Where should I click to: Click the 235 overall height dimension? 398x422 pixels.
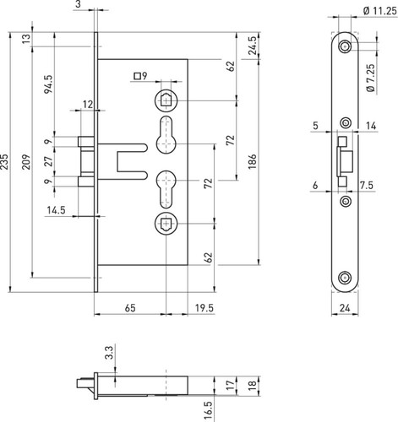pyautogui.click(x=4, y=161)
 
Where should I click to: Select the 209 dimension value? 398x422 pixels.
pyautogui.click(x=26, y=161)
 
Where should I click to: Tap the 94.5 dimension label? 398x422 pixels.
pyautogui.click(x=48, y=84)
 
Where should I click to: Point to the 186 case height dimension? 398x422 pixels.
pyautogui.click(x=252, y=161)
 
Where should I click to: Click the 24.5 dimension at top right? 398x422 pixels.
pyautogui.click(x=253, y=46)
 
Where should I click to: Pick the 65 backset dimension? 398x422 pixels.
pyautogui.click(x=130, y=308)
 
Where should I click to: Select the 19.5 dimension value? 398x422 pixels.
pyautogui.click(x=204, y=308)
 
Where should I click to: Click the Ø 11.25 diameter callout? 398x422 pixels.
pyautogui.click(x=380, y=11)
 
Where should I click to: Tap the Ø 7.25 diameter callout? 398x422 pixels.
pyautogui.click(x=371, y=78)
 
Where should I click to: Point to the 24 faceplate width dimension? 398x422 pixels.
pyautogui.click(x=345, y=308)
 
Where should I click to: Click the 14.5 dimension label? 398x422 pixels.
pyautogui.click(x=56, y=210)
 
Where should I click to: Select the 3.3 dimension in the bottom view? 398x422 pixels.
pyautogui.click(x=109, y=353)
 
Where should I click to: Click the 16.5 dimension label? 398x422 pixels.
pyautogui.click(x=209, y=411)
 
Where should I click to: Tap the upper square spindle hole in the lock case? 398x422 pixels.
pyautogui.click(x=166, y=100)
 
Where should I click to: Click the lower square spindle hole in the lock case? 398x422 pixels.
pyautogui.click(x=166, y=224)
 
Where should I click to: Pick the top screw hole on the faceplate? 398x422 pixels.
pyautogui.click(x=345, y=46)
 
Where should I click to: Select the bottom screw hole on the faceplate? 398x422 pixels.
pyautogui.click(x=345, y=278)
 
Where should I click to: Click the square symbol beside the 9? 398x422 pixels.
pyautogui.click(x=137, y=76)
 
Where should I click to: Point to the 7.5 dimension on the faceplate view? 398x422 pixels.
pyautogui.click(x=367, y=185)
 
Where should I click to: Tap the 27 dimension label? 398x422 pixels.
pyautogui.click(x=48, y=161)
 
